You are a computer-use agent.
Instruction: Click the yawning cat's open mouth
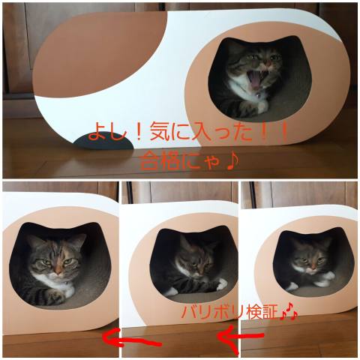[255, 79]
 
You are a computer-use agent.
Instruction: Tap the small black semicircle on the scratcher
[103, 142]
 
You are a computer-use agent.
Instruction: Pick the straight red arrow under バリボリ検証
[240, 336]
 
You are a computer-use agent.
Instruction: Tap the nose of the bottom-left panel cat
[58, 270]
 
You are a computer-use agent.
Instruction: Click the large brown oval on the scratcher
[100, 54]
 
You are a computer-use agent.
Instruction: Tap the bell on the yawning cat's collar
[258, 95]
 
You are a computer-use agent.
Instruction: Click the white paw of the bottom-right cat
[325, 279]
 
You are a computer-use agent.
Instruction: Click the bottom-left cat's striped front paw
[54, 296]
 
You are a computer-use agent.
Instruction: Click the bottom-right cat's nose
[312, 265]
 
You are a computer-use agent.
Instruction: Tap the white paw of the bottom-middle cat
[221, 286]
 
